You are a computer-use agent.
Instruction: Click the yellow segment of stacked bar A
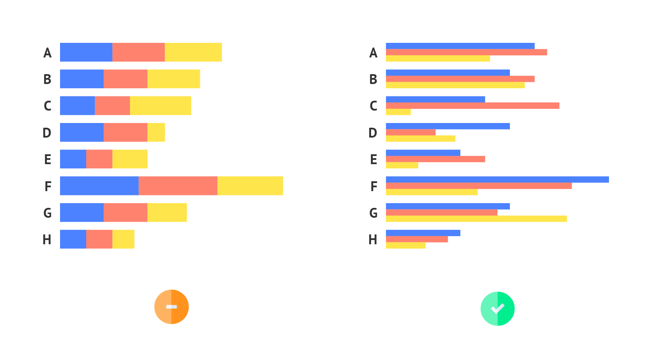193,52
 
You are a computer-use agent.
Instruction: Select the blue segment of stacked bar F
99,186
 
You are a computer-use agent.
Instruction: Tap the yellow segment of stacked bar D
156,132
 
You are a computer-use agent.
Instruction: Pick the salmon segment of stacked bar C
112,105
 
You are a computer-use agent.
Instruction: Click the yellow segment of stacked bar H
124,239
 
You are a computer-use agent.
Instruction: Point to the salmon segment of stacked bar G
125,213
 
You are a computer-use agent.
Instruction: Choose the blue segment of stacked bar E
73,159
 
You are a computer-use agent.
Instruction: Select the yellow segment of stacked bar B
174,79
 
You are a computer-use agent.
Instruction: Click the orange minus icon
172,307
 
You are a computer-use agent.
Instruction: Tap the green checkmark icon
497,309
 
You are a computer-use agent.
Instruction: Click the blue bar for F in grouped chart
497,180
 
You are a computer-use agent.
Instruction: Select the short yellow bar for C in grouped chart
398,112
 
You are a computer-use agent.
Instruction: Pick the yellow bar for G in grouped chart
476,219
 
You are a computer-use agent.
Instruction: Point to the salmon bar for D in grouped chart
411,132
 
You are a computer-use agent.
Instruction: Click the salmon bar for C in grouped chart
473,105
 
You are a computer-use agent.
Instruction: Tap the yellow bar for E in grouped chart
402,165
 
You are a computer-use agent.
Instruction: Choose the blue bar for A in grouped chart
460,46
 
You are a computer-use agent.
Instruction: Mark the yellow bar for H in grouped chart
406,246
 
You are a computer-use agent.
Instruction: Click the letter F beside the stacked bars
48,186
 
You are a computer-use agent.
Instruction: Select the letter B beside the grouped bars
373,79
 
